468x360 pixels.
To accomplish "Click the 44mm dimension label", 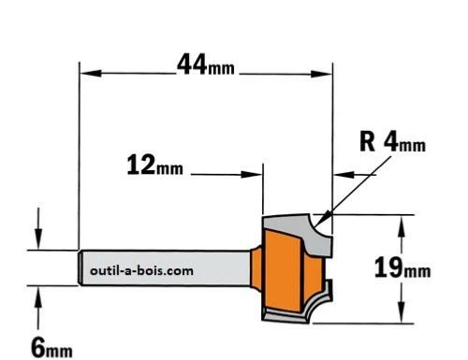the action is tap(206, 65).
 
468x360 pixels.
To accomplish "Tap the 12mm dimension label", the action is tap(155, 166).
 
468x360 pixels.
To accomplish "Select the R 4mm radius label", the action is tap(392, 142).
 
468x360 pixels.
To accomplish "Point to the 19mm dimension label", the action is tap(402, 267).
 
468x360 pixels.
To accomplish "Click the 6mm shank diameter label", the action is tap(51, 348).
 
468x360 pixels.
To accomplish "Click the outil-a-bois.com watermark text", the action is tap(141, 270).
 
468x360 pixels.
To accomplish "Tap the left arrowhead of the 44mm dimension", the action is tap(91, 74).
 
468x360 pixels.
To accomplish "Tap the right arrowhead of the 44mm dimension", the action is tap(321, 74).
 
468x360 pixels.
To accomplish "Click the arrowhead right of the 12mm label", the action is tap(252, 174).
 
